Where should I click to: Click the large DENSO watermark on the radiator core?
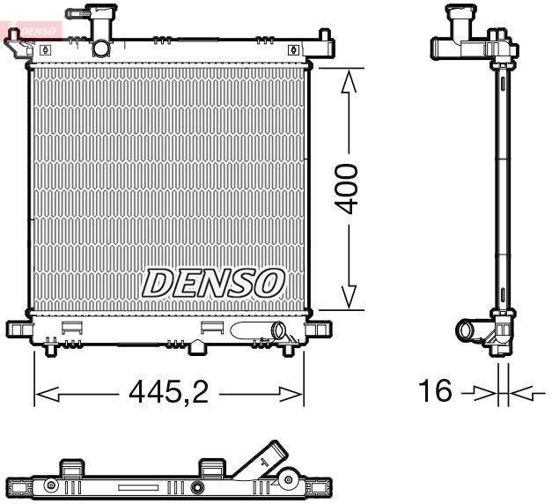[214, 283]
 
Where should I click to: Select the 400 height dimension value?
[350, 188]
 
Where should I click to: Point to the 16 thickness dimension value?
[436, 390]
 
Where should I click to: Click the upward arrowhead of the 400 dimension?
[350, 84]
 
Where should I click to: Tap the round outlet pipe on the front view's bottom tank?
[281, 332]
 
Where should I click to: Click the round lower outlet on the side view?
[466, 331]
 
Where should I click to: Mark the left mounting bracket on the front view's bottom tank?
[18, 330]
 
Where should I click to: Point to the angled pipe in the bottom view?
[268, 460]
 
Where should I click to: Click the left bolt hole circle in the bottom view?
[52, 485]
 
